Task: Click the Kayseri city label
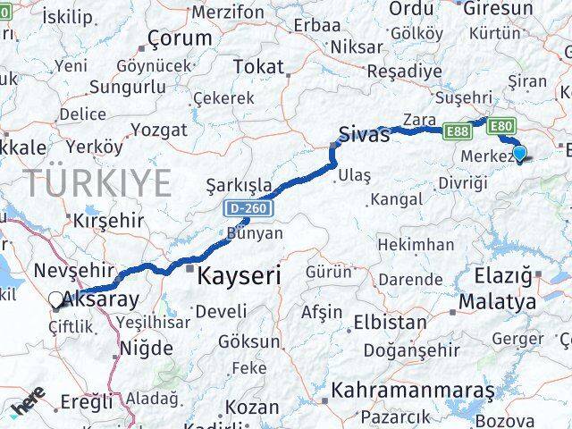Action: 239,276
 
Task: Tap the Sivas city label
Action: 364,136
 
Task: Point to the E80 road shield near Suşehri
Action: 502,126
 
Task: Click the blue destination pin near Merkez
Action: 519,154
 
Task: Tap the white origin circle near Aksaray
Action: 56,301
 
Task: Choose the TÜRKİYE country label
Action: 97,183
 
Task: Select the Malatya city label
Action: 497,302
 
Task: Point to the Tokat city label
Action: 258,66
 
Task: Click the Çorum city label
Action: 181,38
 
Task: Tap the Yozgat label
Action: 159,130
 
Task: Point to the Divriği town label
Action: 463,183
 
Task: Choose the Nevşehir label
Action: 73,269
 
